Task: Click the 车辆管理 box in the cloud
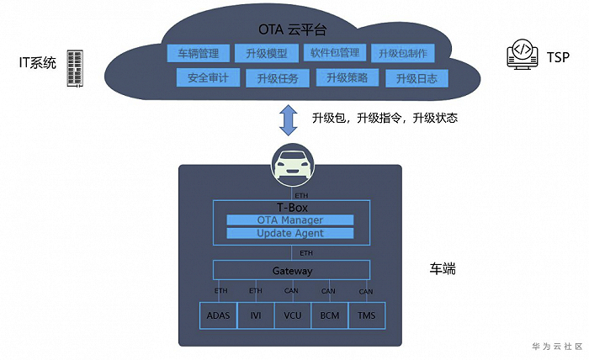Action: point(199,53)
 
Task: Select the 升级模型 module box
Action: point(267,53)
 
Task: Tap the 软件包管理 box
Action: point(335,52)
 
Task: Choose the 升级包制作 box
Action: point(403,53)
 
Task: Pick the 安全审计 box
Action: point(208,77)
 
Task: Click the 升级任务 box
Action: point(278,78)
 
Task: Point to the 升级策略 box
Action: point(347,77)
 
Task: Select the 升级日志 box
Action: point(417,78)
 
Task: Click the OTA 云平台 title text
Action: point(292,29)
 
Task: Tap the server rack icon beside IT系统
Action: point(75,68)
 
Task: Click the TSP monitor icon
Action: point(522,55)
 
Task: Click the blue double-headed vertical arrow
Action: point(289,120)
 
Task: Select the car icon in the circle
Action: point(293,165)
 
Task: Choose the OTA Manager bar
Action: point(290,220)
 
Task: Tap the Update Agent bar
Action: point(290,233)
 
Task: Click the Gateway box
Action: point(291,270)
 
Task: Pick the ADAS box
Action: point(218,315)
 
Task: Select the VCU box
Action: point(293,315)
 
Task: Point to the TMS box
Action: point(367,315)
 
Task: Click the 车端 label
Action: point(443,269)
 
